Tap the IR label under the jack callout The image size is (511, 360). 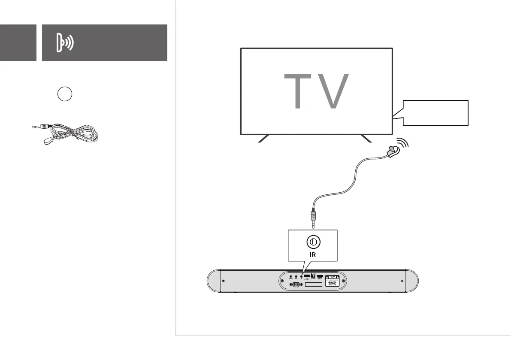click(314, 254)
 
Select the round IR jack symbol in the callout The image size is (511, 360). click(313, 242)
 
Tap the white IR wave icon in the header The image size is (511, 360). click(65, 43)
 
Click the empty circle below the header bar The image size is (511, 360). click(64, 94)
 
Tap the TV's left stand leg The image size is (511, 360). click(263, 139)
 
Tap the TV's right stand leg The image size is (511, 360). click(366, 139)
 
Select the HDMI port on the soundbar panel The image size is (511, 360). click(320, 276)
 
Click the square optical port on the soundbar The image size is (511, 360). click(313, 276)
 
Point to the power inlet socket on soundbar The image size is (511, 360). click(296, 284)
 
